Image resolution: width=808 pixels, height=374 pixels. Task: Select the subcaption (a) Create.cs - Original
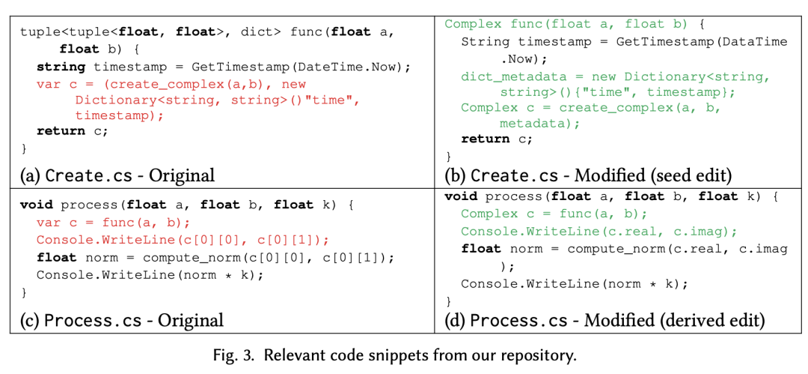pyautogui.click(x=117, y=175)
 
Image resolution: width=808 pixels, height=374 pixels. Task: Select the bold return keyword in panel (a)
pyautogui.click(x=61, y=130)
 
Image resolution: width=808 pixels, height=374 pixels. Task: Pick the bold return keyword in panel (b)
pyautogui.click(x=486, y=138)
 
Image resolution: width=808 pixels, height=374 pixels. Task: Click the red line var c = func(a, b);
pyautogui.click(x=113, y=222)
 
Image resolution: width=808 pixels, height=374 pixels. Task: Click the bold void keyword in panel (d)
pyautogui.click(x=460, y=196)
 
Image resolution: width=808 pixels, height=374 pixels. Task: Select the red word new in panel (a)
pyautogui.click(x=293, y=84)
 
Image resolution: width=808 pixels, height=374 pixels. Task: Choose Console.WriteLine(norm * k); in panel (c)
pyautogui.click(x=150, y=274)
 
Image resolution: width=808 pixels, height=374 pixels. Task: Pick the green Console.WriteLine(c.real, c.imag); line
pyautogui.click(x=599, y=231)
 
